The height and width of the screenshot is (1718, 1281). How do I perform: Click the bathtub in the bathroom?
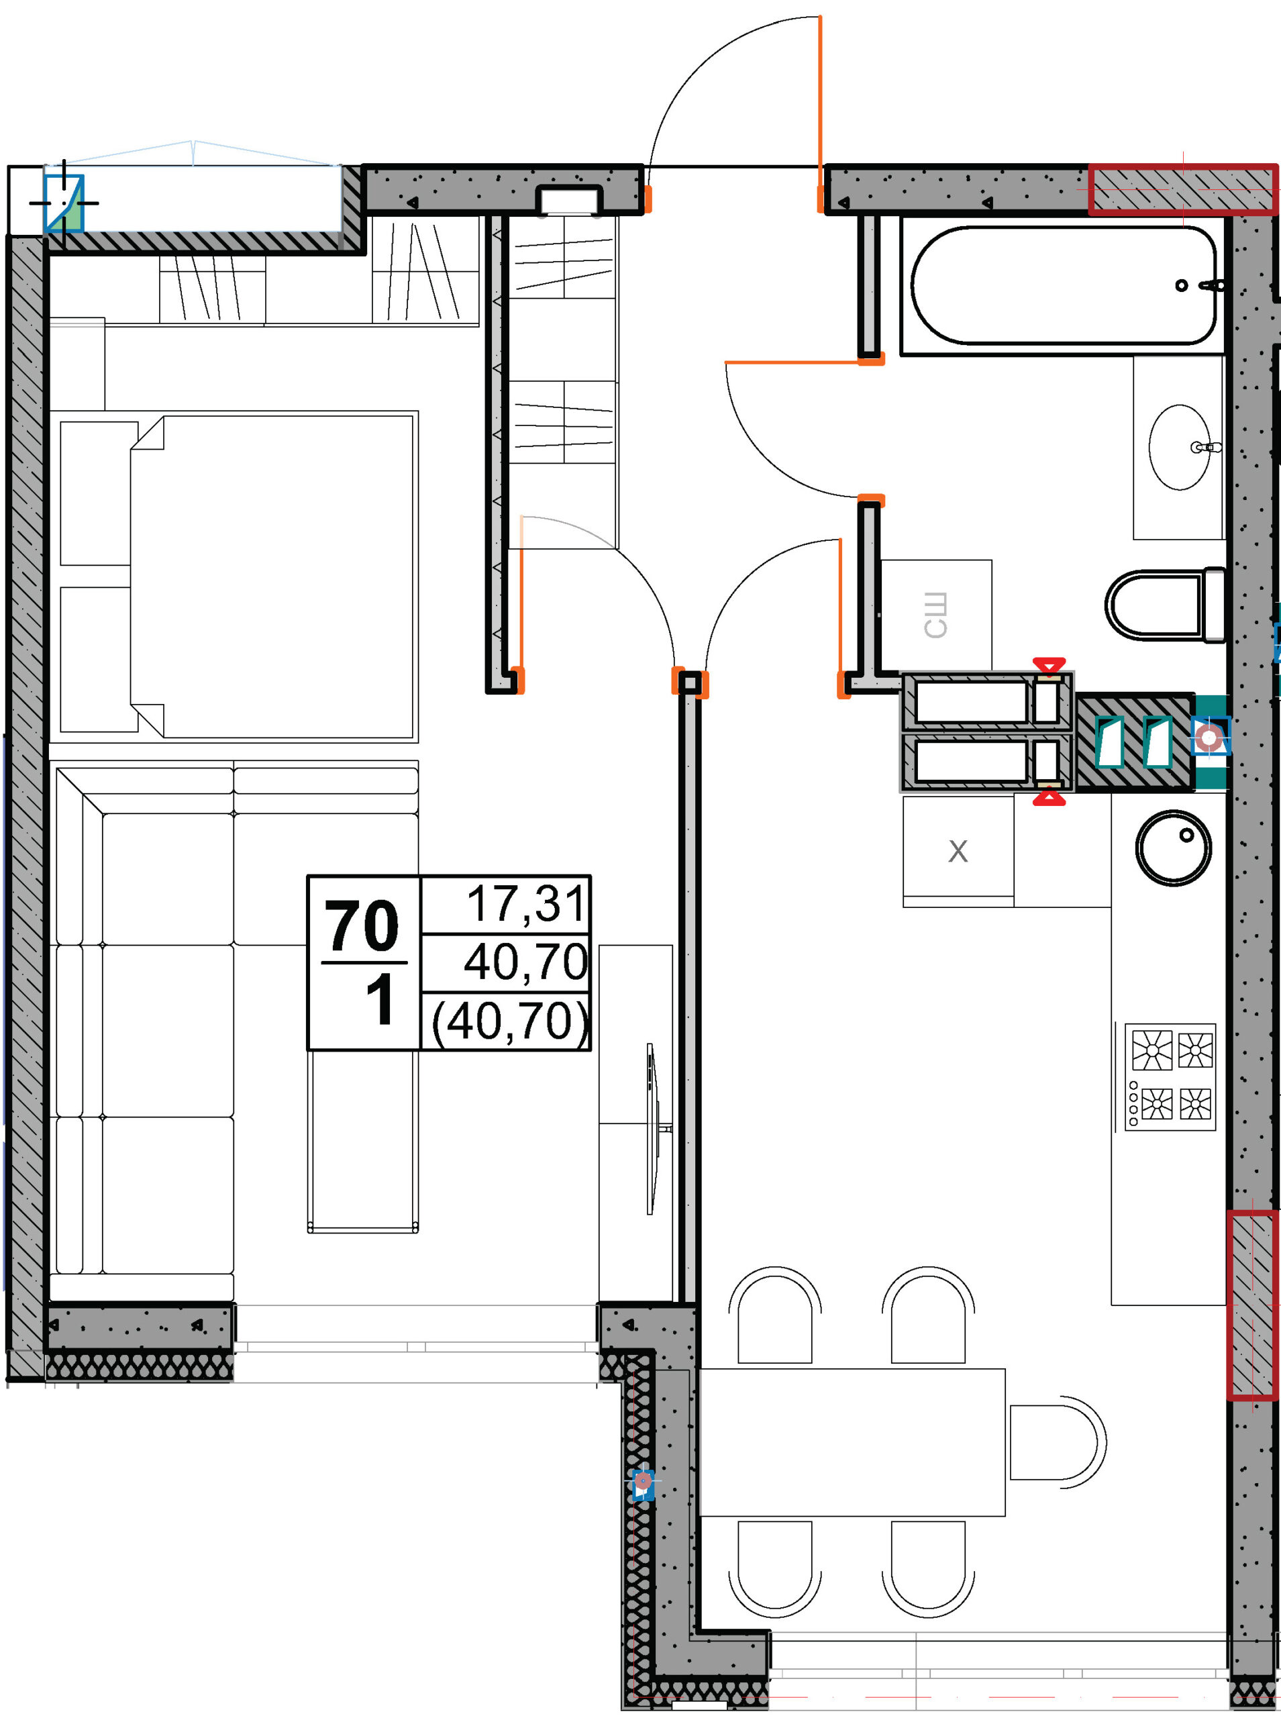pos(1063,285)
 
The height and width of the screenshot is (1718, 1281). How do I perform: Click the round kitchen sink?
pos(1173,848)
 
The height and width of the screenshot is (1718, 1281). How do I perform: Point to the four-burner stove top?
pos(1170,1076)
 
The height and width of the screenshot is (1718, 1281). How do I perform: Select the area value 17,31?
pos(525,904)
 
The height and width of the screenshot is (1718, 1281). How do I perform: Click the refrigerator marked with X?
pos(958,851)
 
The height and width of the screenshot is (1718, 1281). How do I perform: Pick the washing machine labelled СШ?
pos(937,614)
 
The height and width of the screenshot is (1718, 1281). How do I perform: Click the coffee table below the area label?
pos(363,1142)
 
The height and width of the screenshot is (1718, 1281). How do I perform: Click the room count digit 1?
pos(380,1000)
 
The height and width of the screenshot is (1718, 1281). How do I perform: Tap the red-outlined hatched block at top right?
pos(1182,189)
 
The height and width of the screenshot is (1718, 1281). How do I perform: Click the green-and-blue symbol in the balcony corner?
pos(64,203)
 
